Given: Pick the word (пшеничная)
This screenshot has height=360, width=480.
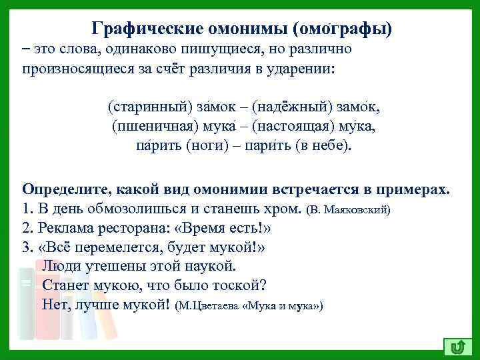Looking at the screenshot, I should (149, 127).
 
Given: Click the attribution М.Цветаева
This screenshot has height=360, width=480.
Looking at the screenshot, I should (212, 307).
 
